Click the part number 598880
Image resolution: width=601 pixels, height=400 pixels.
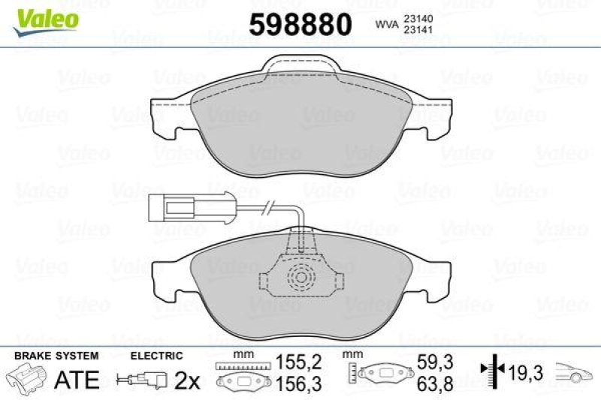300,25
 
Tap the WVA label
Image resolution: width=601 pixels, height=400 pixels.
386,26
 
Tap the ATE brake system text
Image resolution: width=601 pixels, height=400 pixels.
77,380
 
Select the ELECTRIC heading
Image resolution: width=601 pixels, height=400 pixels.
156,354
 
